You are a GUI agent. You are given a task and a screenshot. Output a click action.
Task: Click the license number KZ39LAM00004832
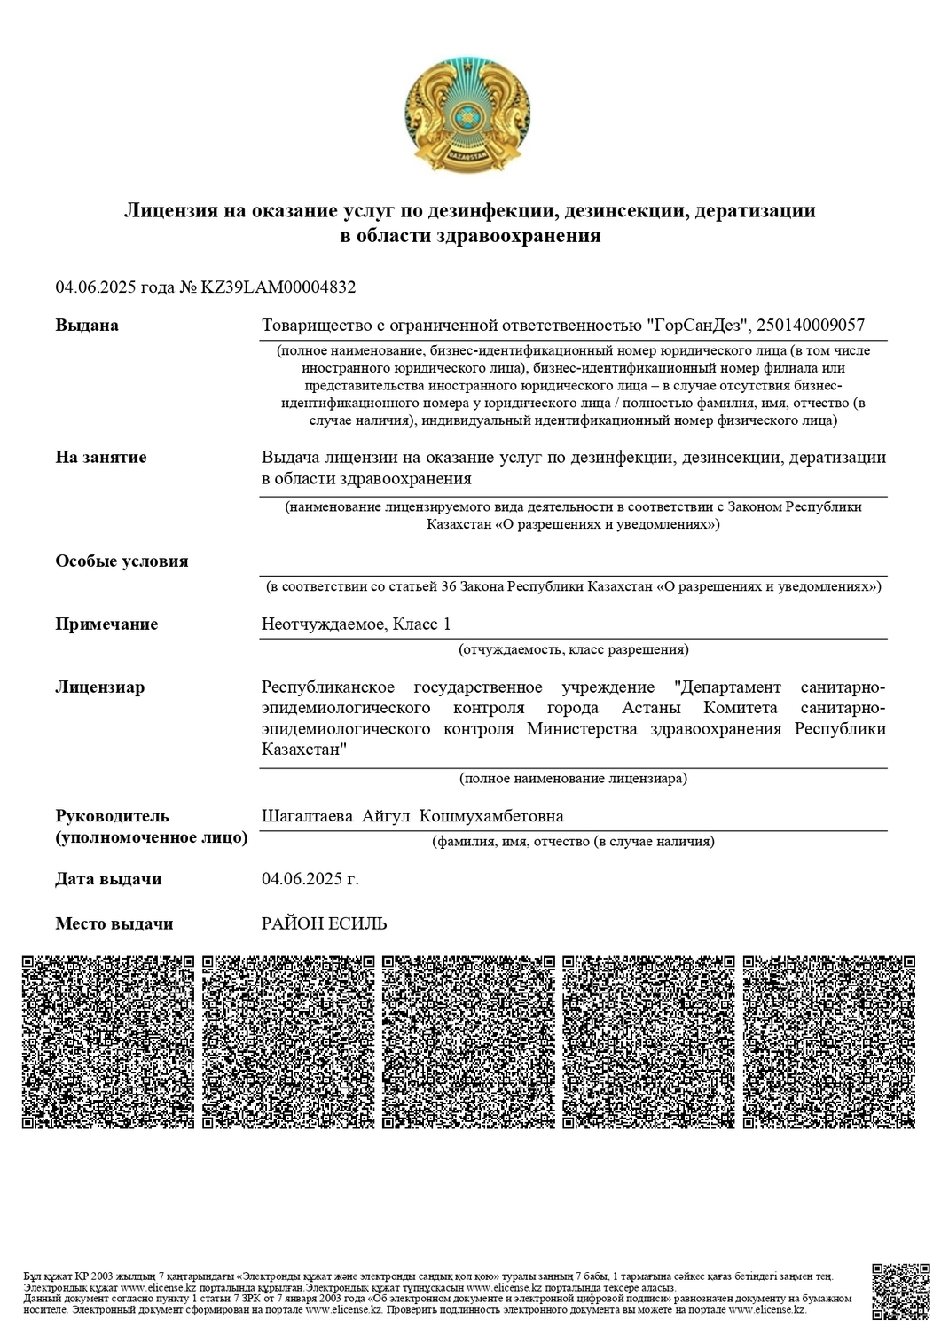coord(279,287)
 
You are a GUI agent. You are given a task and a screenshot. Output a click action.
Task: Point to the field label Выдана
coord(87,326)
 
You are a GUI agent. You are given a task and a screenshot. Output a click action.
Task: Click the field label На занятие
coord(101,458)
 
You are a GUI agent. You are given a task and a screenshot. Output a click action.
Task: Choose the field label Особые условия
coord(122,561)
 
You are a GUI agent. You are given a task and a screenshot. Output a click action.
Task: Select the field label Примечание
coord(106,624)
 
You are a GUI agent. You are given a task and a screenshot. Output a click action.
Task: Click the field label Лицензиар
coord(99,687)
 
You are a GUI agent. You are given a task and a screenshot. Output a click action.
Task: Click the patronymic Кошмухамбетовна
coord(490,816)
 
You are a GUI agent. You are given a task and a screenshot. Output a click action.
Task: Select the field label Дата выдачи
coord(108,879)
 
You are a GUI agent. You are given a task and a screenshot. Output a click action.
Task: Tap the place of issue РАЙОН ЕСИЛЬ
coord(325,924)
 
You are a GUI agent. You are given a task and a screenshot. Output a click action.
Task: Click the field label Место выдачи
coord(114,924)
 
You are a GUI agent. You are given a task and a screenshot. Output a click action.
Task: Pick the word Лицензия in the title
coord(170,211)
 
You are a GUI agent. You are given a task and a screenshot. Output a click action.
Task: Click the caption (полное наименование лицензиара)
coord(573,779)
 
